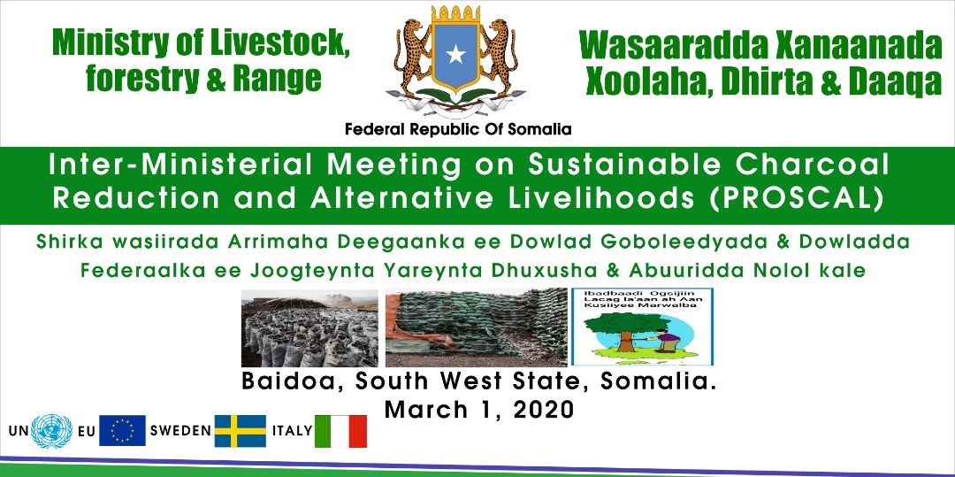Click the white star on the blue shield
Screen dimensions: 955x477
pyautogui.click(x=455, y=55)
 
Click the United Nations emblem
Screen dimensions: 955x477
pyautogui.click(x=52, y=431)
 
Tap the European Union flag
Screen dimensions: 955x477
pyautogui.click(x=122, y=431)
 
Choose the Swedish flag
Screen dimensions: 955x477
pyautogui.click(x=240, y=431)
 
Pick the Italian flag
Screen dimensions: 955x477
pyautogui.click(x=340, y=431)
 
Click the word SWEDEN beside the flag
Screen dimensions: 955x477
pyautogui.click(x=180, y=431)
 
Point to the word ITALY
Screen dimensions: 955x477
pyautogui.click(x=293, y=431)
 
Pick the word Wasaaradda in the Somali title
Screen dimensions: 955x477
pyautogui.click(x=668, y=46)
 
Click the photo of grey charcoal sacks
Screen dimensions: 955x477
pyautogui.click(x=309, y=327)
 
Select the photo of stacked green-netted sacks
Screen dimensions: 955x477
pyautogui.click(x=477, y=327)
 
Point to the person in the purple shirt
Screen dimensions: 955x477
pyautogui.click(x=668, y=339)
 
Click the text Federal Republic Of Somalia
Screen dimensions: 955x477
pyautogui.click(x=458, y=129)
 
